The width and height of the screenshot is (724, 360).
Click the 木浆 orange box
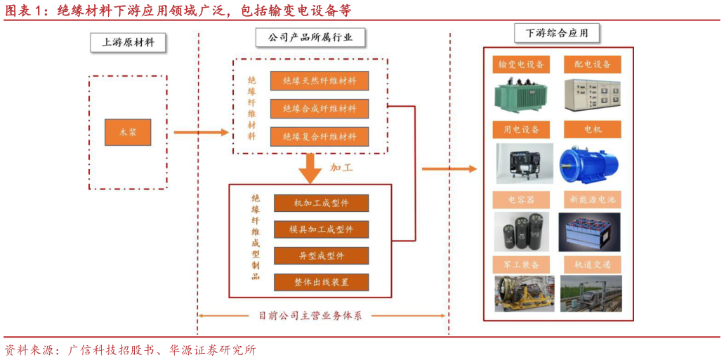[x=128, y=132]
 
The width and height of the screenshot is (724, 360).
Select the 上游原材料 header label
[x=128, y=42]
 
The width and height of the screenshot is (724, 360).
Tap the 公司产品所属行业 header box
[x=310, y=37]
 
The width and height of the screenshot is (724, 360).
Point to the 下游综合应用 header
[x=556, y=32]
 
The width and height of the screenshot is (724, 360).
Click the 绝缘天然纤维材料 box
[x=320, y=81]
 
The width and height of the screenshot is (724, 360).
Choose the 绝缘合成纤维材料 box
[x=320, y=109]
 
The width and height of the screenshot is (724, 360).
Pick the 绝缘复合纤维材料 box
[x=320, y=136]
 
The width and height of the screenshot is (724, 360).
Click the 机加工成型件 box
[x=321, y=203]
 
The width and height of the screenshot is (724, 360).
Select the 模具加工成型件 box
[x=321, y=229]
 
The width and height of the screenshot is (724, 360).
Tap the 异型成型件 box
[x=321, y=255]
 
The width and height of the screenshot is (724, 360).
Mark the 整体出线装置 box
[x=321, y=282]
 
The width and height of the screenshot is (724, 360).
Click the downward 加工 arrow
[x=310, y=169]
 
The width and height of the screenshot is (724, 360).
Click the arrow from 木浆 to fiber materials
[x=201, y=132]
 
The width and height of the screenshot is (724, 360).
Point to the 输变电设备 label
[x=521, y=65]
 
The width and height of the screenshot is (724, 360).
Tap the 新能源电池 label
[x=592, y=199]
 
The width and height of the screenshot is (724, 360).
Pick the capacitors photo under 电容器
[x=522, y=231]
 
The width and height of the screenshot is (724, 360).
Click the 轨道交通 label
[x=592, y=265]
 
